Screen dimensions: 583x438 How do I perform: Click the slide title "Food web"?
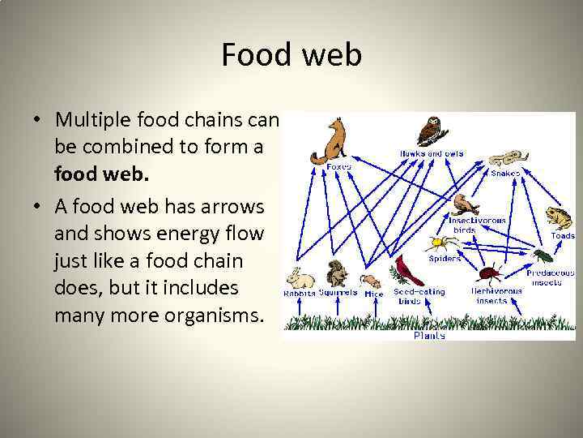(x=291, y=56)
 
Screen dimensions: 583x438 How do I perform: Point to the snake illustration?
(x=508, y=157)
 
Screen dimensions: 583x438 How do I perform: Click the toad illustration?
(x=558, y=217)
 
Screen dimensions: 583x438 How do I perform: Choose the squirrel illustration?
(x=336, y=273)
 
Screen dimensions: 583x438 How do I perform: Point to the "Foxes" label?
(x=338, y=166)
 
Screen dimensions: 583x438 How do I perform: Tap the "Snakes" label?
(x=505, y=173)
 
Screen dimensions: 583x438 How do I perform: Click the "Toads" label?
(x=562, y=236)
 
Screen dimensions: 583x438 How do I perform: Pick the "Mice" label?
(x=373, y=293)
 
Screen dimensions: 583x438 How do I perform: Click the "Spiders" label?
(x=444, y=259)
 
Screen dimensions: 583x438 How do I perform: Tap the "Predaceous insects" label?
(x=550, y=277)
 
